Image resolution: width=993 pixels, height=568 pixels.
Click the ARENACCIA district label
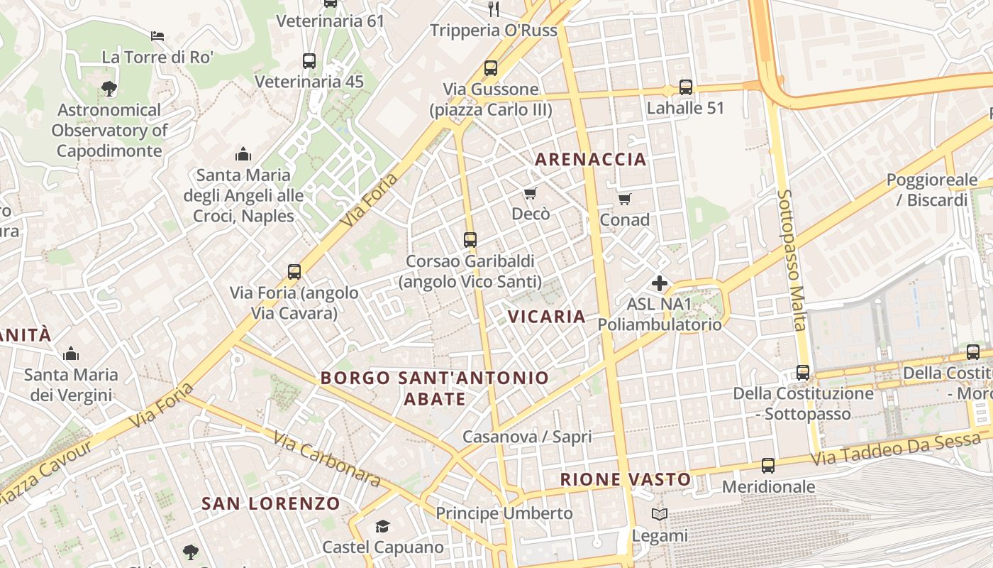pyautogui.click(x=590, y=159)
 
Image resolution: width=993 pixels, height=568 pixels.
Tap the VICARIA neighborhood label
pyautogui.click(x=547, y=317)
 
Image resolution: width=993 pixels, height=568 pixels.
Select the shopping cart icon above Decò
pyautogui.click(x=530, y=193)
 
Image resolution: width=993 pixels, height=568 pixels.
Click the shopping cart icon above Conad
pyautogui.click(x=624, y=199)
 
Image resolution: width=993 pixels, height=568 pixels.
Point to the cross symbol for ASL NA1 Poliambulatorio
pyautogui.click(x=659, y=283)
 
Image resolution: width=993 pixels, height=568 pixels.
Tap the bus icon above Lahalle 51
pyautogui.click(x=685, y=87)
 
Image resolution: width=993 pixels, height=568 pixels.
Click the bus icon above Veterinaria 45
pyautogui.click(x=309, y=61)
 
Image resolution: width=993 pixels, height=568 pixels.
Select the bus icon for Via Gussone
pyautogui.click(x=490, y=68)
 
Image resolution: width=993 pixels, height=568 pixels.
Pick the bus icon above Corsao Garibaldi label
pyautogui.click(x=470, y=240)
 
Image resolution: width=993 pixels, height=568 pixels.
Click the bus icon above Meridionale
pyautogui.click(x=768, y=466)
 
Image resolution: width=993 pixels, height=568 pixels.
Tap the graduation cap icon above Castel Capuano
pyautogui.click(x=382, y=526)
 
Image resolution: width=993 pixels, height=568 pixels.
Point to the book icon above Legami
pyautogui.click(x=660, y=514)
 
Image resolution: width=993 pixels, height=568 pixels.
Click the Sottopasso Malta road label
pyautogui.click(x=792, y=260)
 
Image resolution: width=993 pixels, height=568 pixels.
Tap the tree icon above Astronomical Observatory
pyautogui.click(x=109, y=89)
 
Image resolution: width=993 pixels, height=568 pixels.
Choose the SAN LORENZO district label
pyautogui.click(x=271, y=503)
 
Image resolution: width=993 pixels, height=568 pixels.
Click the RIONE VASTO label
pyautogui.click(x=625, y=479)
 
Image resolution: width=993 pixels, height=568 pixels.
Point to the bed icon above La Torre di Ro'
pyautogui.click(x=157, y=35)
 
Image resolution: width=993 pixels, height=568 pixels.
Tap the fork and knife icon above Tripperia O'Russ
pyautogui.click(x=494, y=9)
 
